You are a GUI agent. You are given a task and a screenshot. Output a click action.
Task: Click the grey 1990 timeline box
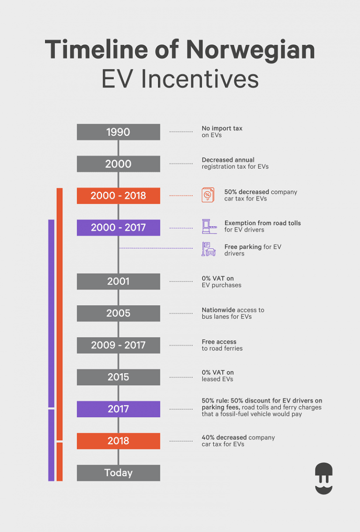coord(118,132)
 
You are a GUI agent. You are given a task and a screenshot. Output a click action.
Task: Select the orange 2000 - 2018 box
coord(118,196)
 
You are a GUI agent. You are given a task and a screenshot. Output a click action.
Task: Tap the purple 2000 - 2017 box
coord(118,228)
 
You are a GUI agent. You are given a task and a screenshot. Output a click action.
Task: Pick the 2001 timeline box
coord(118,281)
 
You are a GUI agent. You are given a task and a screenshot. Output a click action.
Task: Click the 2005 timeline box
coord(118,313)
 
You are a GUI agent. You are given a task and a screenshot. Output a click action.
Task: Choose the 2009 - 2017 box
coord(118,346)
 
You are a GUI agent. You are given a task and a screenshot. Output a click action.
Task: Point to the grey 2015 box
coord(118,377)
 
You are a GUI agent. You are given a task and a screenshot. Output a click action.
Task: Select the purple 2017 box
coord(118,409)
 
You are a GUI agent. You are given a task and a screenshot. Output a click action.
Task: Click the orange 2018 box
coord(118,441)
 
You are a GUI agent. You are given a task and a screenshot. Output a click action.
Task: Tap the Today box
coord(118,473)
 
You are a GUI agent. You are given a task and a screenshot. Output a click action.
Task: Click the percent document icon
coord(208,195)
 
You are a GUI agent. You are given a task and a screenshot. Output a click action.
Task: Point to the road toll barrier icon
coord(209,226)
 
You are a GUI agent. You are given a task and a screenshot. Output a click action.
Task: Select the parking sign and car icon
coord(209,249)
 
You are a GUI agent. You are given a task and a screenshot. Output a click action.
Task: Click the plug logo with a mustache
coord(323,479)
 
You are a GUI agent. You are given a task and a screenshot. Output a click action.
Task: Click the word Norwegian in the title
coord(250,50)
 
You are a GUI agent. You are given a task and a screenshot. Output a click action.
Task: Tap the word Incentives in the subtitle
coord(200,79)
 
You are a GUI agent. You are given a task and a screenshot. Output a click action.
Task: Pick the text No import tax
coord(222,128)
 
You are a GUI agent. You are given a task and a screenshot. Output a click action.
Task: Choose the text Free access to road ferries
coord(222,345)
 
